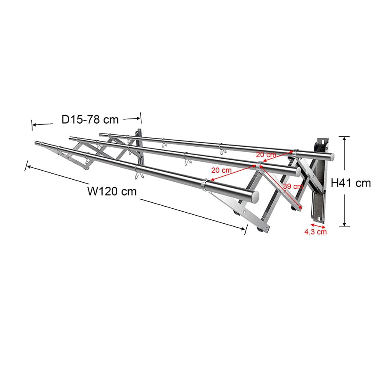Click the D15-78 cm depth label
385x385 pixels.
tap(89, 119)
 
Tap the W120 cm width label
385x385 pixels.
tap(112, 191)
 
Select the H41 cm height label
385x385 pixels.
tap(351, 183)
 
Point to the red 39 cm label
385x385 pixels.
tap(293, 187)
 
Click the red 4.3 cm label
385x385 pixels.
tap(315, 232)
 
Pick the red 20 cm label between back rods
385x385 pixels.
tap(266, 154)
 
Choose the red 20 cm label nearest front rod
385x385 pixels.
tap(221, 170)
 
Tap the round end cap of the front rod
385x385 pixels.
tap(255, 197)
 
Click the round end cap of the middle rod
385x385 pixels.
tap(297, 172)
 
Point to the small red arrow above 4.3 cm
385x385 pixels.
tap(318, 225)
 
